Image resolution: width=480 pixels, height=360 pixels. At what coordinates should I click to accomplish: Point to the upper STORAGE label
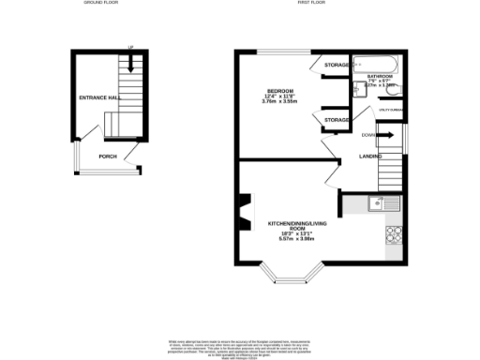pos(337,65)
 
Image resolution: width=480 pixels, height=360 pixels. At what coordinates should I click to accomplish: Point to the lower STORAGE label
pos(337,120)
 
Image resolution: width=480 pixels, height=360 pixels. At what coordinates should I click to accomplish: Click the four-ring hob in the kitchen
pos(394,235)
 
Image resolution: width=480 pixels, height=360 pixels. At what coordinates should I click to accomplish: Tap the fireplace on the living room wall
pos(247,211)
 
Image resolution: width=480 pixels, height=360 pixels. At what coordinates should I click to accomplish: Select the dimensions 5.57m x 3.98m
pos(298,238)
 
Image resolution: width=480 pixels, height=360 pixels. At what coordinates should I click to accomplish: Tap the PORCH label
pos(108,157)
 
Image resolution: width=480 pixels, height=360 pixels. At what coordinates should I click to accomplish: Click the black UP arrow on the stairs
pos(131,63)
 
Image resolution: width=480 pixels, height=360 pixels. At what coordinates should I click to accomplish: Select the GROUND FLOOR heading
pos(100,4)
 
